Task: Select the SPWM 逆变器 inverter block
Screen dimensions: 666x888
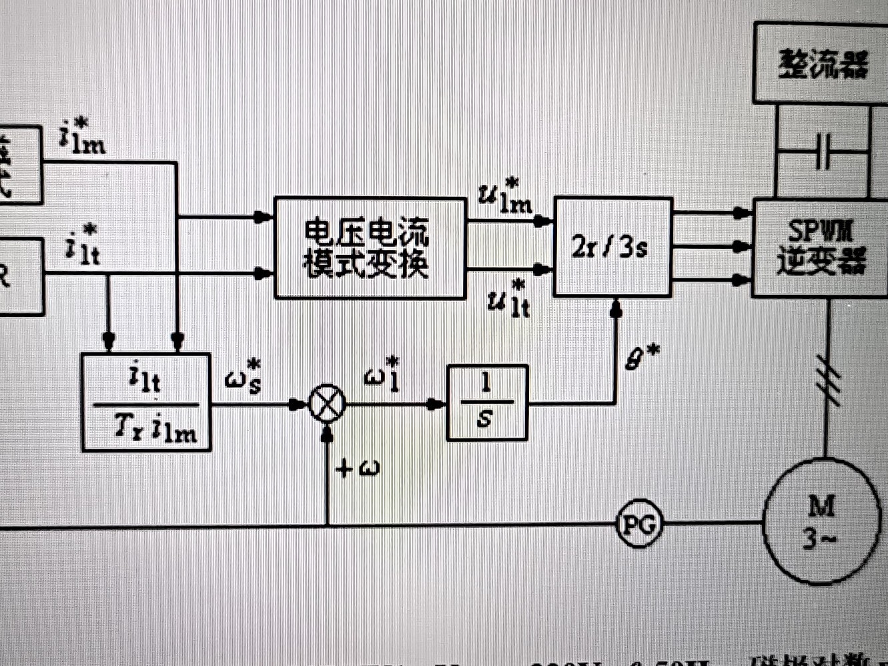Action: pos(821,248)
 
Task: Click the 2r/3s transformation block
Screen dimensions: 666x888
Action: pos(612,247)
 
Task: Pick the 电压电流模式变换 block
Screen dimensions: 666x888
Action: pos(370,248)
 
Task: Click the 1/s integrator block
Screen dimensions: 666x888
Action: pos(486,402)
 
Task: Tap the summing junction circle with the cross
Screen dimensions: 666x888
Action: pos(327,404)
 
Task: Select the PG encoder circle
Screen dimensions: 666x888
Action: pos(638,525)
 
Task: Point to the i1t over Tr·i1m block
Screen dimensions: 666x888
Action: pos(146,402)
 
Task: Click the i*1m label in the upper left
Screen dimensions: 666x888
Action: pos(82,137)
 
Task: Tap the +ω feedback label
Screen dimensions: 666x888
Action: pos(358,468)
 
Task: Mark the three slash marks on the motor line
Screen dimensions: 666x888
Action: pos(829,382)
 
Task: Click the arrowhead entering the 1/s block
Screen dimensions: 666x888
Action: pos(436,404)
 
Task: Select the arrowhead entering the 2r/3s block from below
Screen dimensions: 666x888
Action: pos(616,308)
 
